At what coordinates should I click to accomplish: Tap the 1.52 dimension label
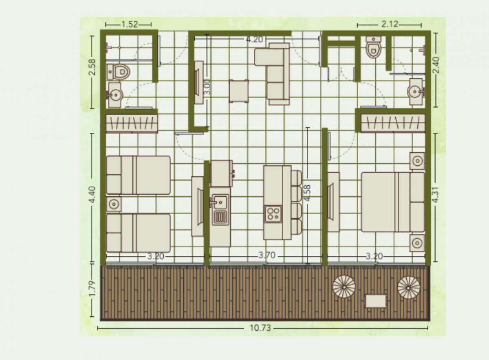[x=130, y=24]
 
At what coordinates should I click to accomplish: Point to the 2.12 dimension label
[x=390, y=24]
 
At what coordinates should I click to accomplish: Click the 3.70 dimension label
[x=267, y=256]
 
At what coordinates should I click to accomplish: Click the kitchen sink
[x=220, y=201]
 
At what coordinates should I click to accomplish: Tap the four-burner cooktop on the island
[x=273, y=214]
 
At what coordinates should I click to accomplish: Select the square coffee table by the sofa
[x=238, y=91]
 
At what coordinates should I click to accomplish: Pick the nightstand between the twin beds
[x=114, y=204]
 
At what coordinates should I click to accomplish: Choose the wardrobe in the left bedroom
[x=132, y=123]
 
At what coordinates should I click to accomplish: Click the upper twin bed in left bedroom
[x=138, y=175]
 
